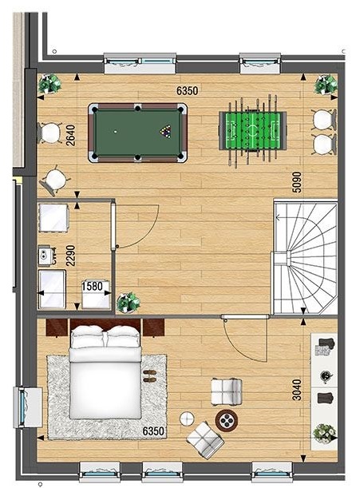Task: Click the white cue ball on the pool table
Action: click(x=116, y=132)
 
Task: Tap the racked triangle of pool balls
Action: click(x=166, y=131)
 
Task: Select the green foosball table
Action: click(x=253, y=131)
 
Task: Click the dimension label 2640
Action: click(x=71, y=135)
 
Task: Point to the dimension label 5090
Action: click(x=297, y=182)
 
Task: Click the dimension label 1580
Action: click(x=92, y=286)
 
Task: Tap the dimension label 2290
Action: click(x=71, y=256)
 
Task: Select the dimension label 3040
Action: click(x=297, y=389)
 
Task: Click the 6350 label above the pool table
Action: click(x=187, y=90)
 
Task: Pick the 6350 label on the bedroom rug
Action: click(x=153, y=431)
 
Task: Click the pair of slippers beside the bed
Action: click(x=150, y=375)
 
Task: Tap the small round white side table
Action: click(x=187, y=419)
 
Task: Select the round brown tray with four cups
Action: click(x=227, y=420)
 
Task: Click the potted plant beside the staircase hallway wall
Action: click(x=128, y=302)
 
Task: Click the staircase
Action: click(x=305, y=258)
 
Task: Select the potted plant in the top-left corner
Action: click(x=49, y=83)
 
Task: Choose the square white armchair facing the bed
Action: click(x=226, y=391)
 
